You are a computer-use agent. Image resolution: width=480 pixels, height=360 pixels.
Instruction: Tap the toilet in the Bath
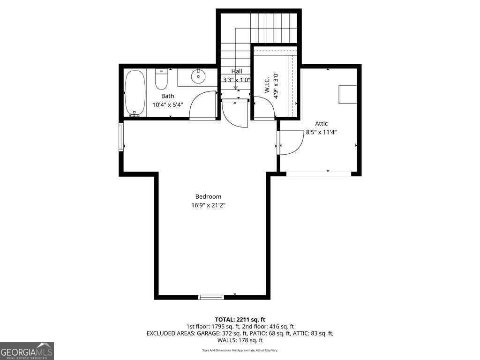pos(161,80)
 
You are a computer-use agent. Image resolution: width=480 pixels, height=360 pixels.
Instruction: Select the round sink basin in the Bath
pos(198,75)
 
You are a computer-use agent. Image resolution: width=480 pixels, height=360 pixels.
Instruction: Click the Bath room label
pos(167,96)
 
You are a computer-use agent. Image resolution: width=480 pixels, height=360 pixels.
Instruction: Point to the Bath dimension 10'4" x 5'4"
pos(167,105)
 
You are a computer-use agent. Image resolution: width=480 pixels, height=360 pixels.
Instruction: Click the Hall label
pos(237,71)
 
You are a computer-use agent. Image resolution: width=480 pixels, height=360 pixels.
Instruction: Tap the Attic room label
pos(321,124)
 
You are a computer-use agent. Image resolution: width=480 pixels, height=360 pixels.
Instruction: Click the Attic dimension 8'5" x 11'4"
pos(321,132)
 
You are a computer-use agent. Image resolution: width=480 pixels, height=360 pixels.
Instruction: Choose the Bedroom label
pos(208,197)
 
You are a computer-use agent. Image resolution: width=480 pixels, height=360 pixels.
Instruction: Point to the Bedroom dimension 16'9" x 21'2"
pos(208,205)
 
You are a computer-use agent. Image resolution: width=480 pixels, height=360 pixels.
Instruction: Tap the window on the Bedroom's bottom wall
pos(211,297)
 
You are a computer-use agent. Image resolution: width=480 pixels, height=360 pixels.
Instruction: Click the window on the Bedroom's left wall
pos(121,137)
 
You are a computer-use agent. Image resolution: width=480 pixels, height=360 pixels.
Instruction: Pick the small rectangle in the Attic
pos(347,94)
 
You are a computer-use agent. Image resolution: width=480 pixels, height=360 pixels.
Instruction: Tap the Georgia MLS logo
pos(27,351)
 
